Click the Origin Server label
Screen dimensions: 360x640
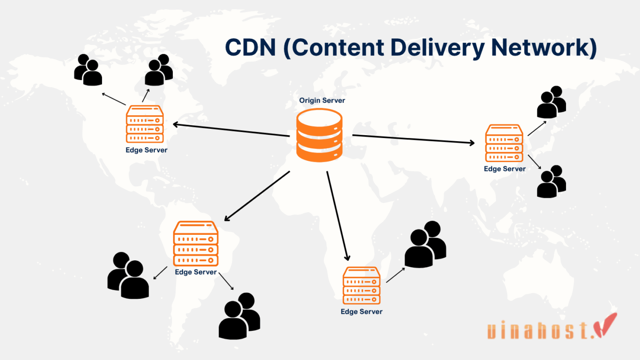(322, 101)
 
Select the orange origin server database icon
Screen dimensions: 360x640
(319, 134)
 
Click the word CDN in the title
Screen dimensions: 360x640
(251, 48)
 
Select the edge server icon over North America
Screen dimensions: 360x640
(145, 124)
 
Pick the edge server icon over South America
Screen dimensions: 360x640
(196, 244)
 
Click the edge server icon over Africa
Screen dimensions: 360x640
(361, 286)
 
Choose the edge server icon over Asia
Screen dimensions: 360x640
(504, 143)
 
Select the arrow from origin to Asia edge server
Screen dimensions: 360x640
(414, 139)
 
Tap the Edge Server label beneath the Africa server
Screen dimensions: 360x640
(361, 312)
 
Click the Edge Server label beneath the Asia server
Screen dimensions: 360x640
(505, 169)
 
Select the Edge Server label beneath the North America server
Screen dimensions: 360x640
(146, 149)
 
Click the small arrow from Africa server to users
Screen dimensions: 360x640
(396, 275)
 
